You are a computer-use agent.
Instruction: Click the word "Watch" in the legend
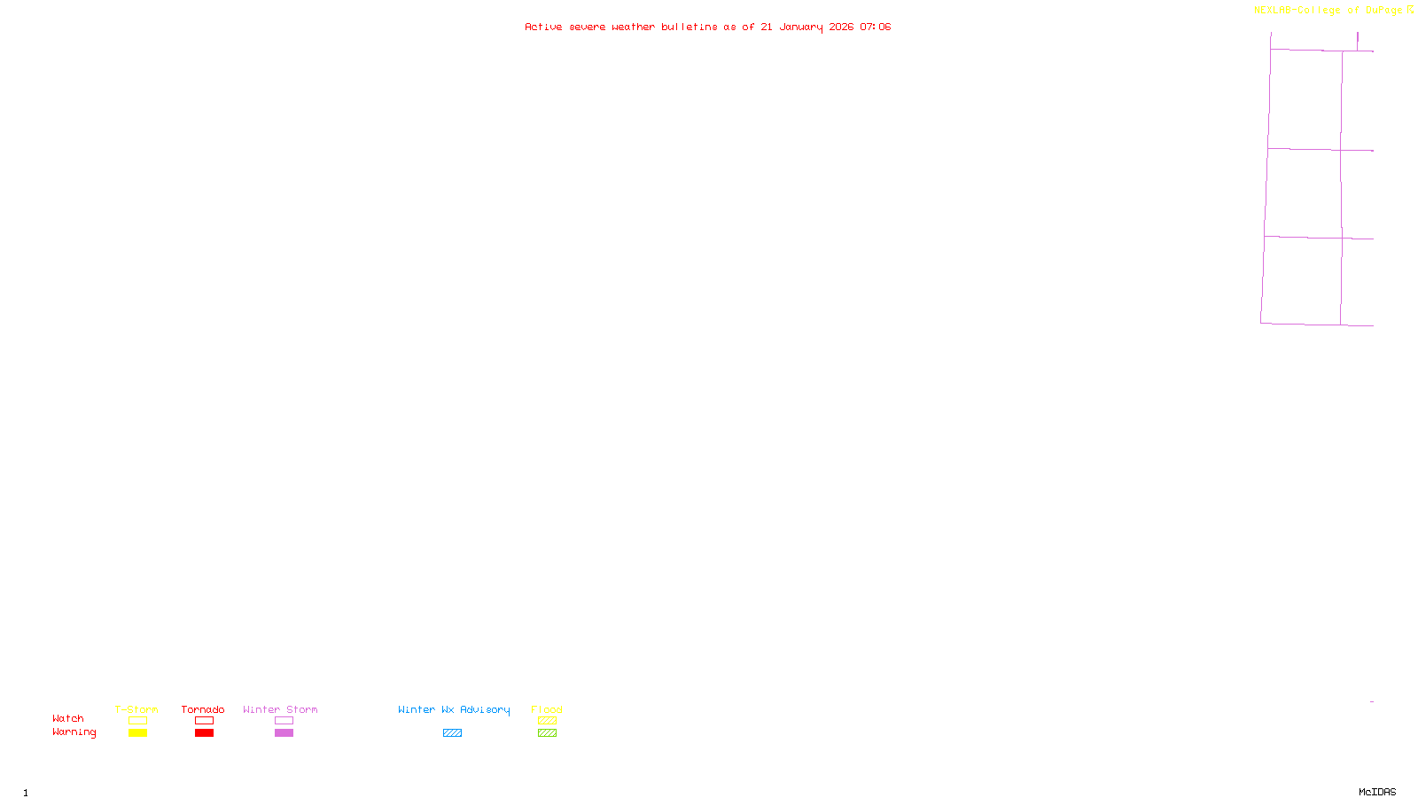pyautogui.click(x=68, y=718)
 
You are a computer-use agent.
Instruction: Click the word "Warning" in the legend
pyautogui.click(x=74, y=732)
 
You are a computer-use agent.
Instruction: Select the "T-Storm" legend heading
pyautogui.click(x=136, y=709)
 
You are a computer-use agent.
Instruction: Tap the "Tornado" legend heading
pyautogui.click(x=203, y=709)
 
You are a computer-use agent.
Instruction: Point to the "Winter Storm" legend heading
pyautogui.click(x=280, y=709)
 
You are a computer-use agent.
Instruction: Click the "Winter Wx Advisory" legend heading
pyautogui.click(x=454, y=709)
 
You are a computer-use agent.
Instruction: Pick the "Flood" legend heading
pyautogui.click(x=547, y=709)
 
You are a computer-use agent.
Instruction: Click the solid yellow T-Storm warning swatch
pyautogui.click(x=137, y=733)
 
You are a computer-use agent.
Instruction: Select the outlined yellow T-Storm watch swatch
pyautogui.click(x=137, y=721)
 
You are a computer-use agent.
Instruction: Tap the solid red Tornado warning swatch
pyautogui.click(x=204, y=733)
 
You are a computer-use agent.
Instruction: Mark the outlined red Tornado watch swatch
pyautogui.click(x=204, y=721)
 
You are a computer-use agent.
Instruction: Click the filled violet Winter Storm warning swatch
pyautogui.click(x=284, y=733)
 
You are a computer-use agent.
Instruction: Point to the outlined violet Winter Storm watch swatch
pyautogui.click(x=284, y=721)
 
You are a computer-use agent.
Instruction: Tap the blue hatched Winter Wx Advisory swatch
pyautogui.click(x=452, y=733)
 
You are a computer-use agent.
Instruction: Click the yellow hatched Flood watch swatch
pyautogui.click(x=547, y=721)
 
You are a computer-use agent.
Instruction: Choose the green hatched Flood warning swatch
pyautogui.click(x=547, y=733)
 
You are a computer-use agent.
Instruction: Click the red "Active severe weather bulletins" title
pyautogui.click(x=707, y=27)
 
